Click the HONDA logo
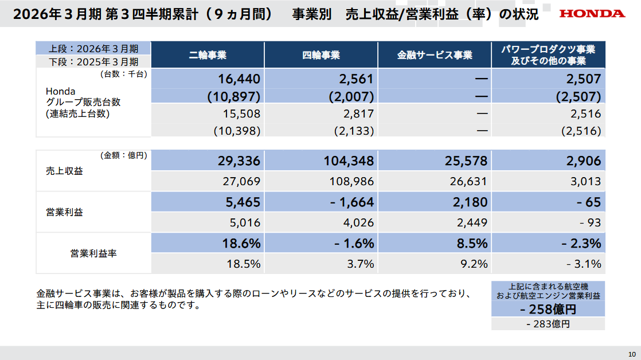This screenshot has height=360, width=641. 592,13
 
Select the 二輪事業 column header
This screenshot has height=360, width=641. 208,55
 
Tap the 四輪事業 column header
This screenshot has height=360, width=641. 321,55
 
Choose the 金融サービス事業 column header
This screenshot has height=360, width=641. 435,55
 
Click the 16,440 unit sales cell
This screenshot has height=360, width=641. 240,79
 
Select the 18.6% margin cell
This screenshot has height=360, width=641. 241,243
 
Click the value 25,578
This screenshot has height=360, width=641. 465,161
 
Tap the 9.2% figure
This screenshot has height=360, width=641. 474,264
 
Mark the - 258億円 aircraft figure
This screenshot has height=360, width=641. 548,310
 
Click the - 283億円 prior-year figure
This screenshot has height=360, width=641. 548,324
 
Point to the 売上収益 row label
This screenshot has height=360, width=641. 64,171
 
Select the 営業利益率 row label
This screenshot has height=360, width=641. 93,253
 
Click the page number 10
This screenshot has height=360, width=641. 632,353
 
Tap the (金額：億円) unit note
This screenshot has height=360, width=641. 124,155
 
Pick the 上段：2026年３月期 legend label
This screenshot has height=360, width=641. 93,48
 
